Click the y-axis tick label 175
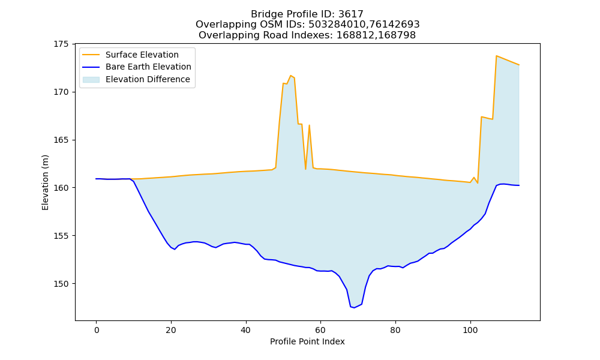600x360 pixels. [61, 44]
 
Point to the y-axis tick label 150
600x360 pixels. [61, 284]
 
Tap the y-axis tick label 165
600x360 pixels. [61, 140]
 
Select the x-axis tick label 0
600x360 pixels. [97, 330]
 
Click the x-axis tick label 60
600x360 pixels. [320, 330]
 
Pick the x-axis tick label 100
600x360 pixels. [470, 330]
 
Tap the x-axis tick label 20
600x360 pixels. [171, 330]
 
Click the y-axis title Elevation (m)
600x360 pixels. [45, 182]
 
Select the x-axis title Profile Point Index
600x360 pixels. [307, 341]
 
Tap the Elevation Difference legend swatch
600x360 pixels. [91, 80]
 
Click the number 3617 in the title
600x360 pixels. [351, 14]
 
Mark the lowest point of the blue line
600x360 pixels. [354, 308]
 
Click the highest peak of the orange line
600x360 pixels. [496, 56]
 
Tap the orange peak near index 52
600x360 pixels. [291, 76]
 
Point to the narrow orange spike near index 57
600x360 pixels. [309, 125]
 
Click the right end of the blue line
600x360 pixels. [519, 185]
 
